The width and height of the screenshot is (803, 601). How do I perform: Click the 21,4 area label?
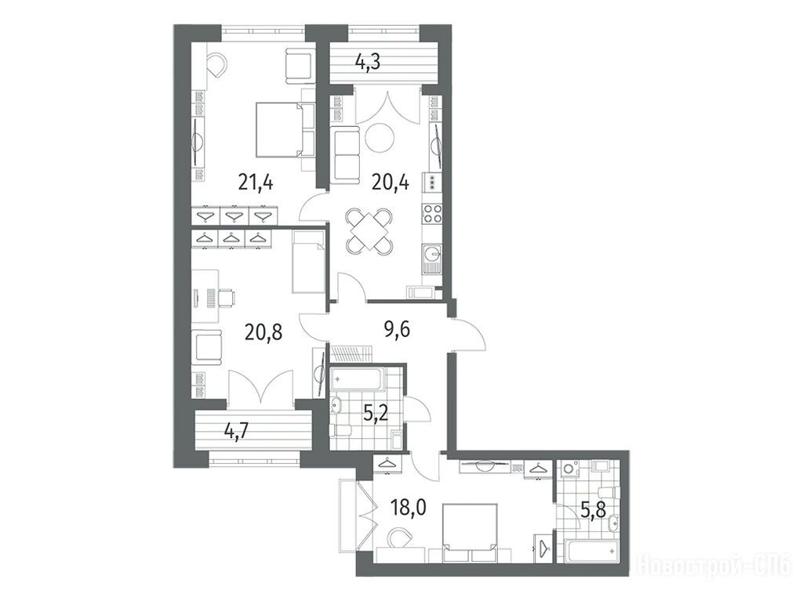click(256, 182)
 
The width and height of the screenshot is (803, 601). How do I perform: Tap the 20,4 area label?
click(391, 182)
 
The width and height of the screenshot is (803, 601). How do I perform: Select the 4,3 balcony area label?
click(370, 63)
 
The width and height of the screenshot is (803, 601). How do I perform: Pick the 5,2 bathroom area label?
click(375, 413)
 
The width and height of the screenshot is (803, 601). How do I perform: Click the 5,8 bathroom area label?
click(594, 510)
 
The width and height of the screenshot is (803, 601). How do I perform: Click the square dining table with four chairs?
click(369, 230)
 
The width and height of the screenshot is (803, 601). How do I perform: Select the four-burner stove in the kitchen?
click(431, 214)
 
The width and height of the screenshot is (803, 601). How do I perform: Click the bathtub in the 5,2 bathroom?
click(357, 380)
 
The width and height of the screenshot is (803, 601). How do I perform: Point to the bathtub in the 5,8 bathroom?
click(592, 552)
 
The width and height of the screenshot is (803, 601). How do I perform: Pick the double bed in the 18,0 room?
click(470, 530)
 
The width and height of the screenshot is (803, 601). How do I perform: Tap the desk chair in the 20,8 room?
click(227, 298)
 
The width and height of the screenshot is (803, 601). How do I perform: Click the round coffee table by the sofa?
click(380, 137)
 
